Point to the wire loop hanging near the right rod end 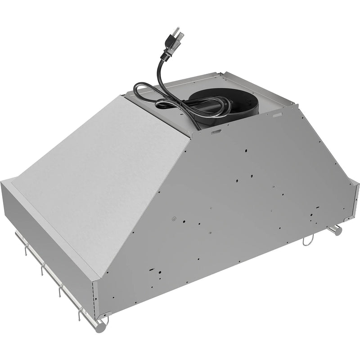[x=307, y=242]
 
